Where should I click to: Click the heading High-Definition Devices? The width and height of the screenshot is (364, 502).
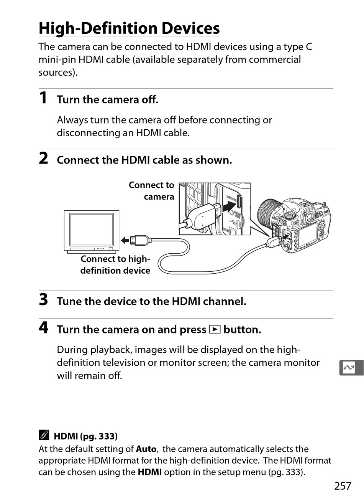tap(129, 28)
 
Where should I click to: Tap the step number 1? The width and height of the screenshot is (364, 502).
tap(43, 98)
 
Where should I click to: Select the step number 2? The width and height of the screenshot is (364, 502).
tap(44, 158)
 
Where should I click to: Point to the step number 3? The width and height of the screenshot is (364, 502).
tap(44, 299)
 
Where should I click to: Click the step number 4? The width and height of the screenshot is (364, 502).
tap(44, 328)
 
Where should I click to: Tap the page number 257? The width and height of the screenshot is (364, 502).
tap(342, 486)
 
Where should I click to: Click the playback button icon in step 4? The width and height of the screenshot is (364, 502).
tap(215, 330)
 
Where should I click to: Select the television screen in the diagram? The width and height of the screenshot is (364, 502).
tap(91, 230)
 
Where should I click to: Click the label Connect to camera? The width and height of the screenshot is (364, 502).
tap(152, 191)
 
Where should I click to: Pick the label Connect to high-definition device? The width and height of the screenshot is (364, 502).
tap(115, 265)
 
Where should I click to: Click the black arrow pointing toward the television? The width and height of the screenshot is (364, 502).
tap(125, 240)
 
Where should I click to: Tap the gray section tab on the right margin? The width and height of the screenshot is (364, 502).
tap(351, 368)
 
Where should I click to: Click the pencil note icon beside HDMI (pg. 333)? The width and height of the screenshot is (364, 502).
tap(44, 435)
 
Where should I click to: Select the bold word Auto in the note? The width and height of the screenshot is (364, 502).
tap(146, 449)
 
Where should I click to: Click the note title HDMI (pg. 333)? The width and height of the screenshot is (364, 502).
tap(85, 436)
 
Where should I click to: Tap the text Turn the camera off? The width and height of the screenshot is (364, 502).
tap(107, 100)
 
